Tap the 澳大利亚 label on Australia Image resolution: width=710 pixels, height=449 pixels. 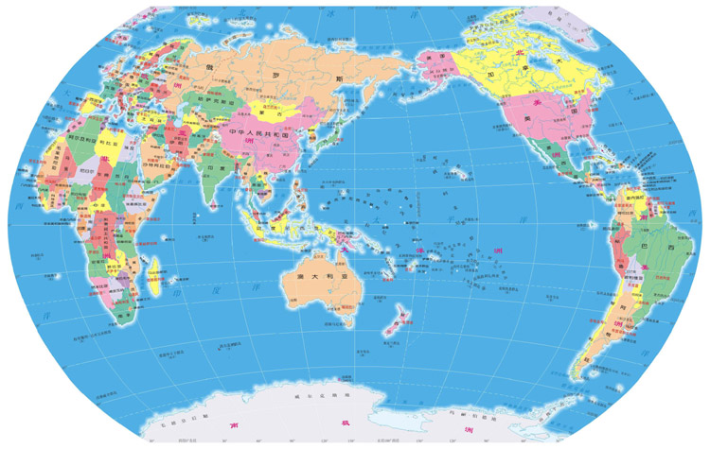pyautogui.click(x=311, y=276)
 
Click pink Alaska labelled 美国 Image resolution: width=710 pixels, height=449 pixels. pyautogui.click(x=436, y=59)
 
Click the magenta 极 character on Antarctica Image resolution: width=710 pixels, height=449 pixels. pyautogui.click(x=346, y=432)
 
